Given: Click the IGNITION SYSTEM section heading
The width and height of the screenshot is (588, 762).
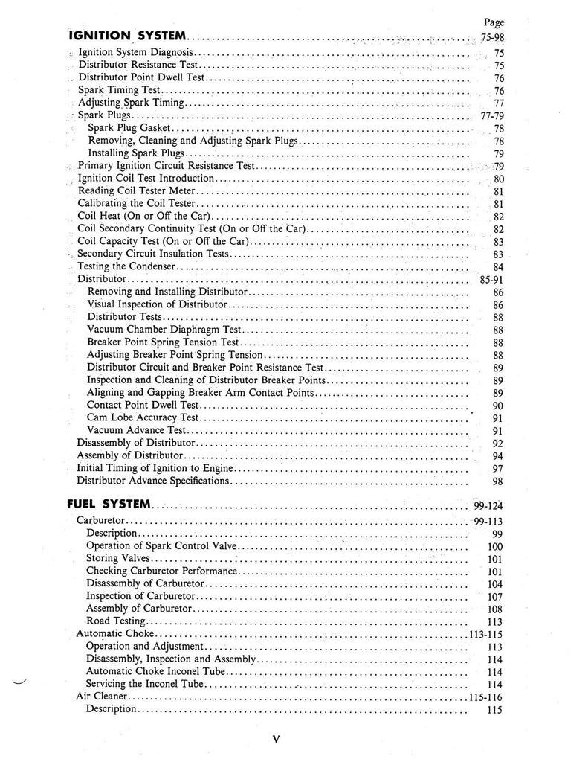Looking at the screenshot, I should [x=127, y=35].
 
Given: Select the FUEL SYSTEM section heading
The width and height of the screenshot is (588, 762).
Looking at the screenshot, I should [x=109, y=505].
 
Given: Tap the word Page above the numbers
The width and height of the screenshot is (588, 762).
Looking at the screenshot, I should [x=494, y=22].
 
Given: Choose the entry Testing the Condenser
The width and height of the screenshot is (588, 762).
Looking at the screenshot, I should [x=126, y=266].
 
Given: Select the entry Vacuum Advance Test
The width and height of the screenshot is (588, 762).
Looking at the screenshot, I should [x=136, y=431].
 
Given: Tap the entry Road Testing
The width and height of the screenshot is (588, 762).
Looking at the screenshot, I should [x=115, y=621].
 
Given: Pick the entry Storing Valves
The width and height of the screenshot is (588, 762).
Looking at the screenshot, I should [x=118, y=557].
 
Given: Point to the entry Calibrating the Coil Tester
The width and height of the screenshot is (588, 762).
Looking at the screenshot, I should [x=136, y=203].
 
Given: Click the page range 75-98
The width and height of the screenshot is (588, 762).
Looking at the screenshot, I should [x=492, y=38].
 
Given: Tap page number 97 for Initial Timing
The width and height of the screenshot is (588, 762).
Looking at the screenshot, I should [x=498, y=468].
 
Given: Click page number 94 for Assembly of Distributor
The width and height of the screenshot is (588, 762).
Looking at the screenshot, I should [x=498, y=455].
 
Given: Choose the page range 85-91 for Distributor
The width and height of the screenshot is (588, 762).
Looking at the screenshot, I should [x=488, y=279].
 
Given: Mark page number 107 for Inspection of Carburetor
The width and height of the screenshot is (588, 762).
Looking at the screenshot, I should [x=495, y=596].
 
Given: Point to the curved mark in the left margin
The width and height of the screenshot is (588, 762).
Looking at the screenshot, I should [x=19, y=682].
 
